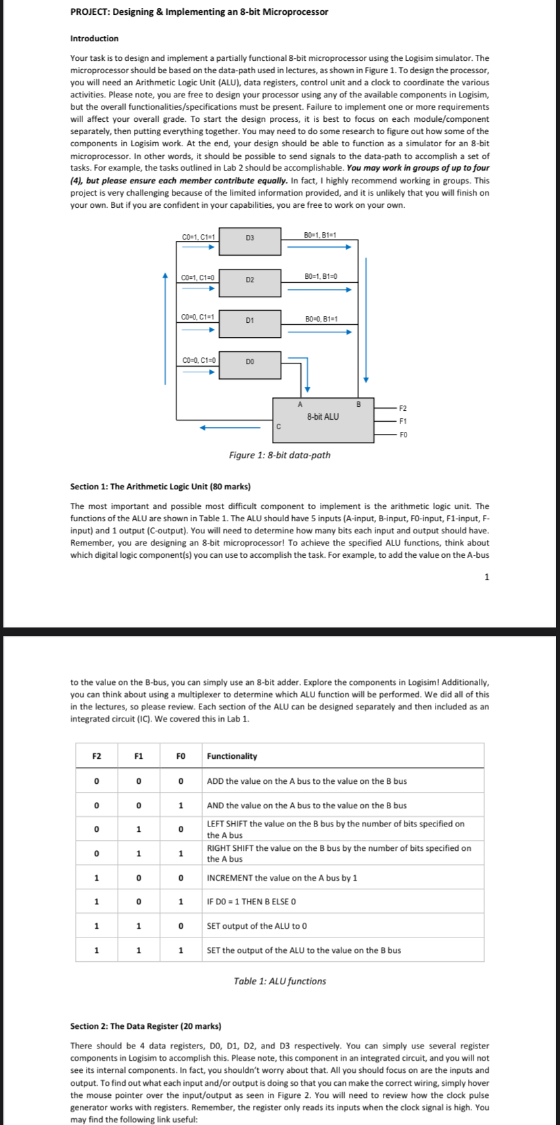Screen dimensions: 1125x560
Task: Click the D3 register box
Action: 250,241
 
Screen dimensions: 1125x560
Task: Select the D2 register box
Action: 250,282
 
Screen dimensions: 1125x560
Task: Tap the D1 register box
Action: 250,323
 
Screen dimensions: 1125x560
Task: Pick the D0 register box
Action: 250,364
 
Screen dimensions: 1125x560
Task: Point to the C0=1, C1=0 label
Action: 199,278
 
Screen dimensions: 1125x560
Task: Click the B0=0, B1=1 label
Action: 321,319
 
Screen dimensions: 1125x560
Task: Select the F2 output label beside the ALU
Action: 403,408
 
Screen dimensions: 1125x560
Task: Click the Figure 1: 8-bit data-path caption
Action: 279,455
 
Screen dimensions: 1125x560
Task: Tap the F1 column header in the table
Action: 138,756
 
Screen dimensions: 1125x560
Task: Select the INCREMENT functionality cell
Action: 282,878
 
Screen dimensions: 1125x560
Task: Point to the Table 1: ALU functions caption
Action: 279,981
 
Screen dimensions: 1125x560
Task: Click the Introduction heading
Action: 94,39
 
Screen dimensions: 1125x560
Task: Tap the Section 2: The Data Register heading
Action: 145,1026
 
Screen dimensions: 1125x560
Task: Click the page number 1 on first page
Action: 486,577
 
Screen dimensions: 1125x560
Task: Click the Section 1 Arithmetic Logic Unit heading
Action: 160,486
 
